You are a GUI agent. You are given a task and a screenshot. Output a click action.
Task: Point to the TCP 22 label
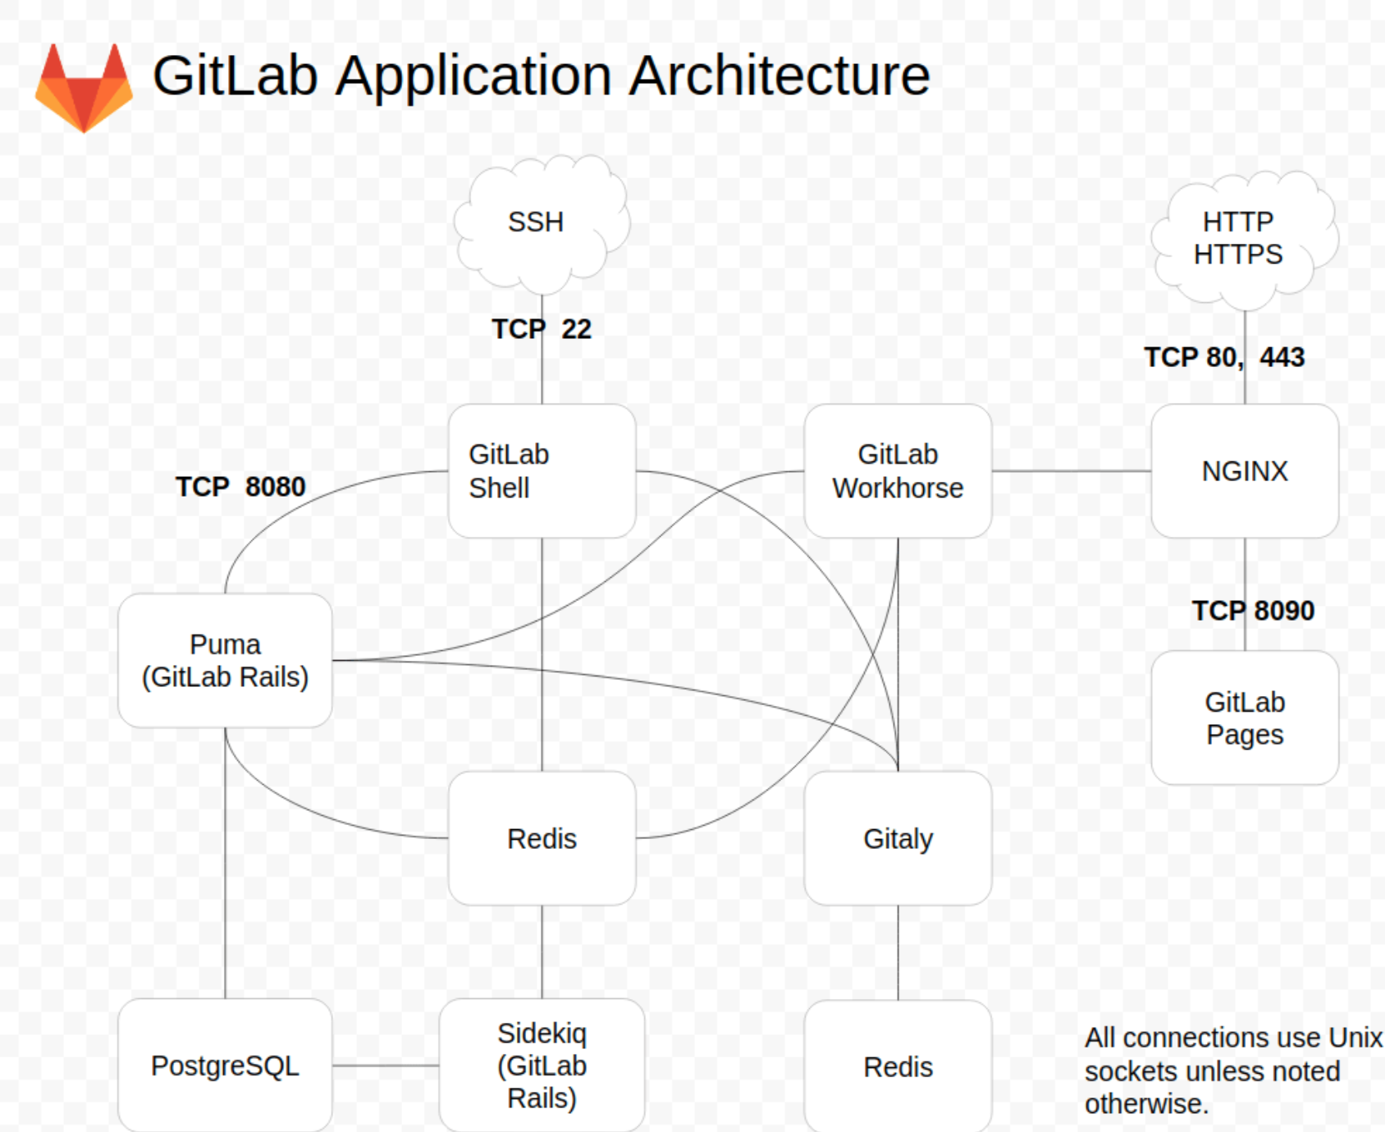tap(542, 329)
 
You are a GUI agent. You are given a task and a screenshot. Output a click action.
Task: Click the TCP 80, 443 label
tap(1223, 357)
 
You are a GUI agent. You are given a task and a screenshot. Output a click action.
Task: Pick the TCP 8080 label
tap(240, 487)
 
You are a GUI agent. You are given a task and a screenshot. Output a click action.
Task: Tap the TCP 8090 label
tap(1253, 611)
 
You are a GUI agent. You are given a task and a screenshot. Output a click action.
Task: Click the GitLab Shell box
tap(542, 471)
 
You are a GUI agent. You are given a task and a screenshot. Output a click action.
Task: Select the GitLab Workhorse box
tap(898, 471)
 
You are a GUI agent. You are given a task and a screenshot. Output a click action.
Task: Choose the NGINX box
tap(1244, 471)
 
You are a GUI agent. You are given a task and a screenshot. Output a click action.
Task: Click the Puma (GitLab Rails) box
tap(225, 661)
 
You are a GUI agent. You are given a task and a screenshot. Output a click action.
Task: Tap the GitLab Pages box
tap(1244, 718)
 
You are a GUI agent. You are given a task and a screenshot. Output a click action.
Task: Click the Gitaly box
tap(898, 838)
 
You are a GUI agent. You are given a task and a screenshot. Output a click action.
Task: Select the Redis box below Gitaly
tap(898, 1066)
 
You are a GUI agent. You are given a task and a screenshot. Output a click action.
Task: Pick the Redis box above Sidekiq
tap(542, 838)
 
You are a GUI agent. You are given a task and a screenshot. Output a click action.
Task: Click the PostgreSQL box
tap(225, 1066)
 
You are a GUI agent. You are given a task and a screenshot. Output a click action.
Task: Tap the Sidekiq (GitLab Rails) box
tap(542, 1066)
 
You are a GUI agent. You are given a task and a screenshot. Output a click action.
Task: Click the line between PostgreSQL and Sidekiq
tap(386, 1066)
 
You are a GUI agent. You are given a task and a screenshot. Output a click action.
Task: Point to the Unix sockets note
tap(1231, 1070)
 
